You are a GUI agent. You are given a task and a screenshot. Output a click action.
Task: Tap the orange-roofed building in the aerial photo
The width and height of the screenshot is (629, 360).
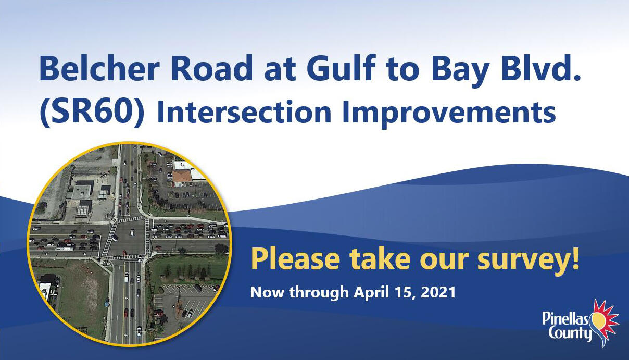click(x=183, y=177)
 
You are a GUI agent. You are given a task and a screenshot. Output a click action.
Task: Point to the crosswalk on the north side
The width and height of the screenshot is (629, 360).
click(x=130, y=219)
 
